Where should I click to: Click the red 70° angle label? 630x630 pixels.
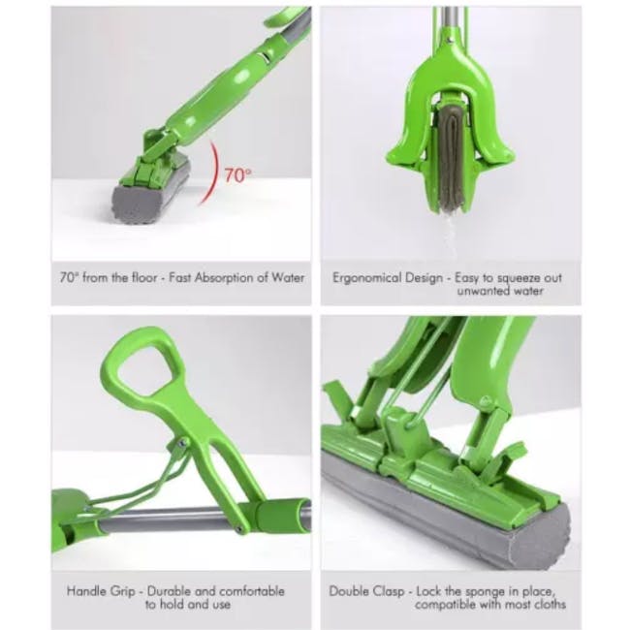pyautogui.click(x=236, y=175)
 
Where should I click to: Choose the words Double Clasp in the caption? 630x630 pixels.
pyautogui.click(x=365, y=590)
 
